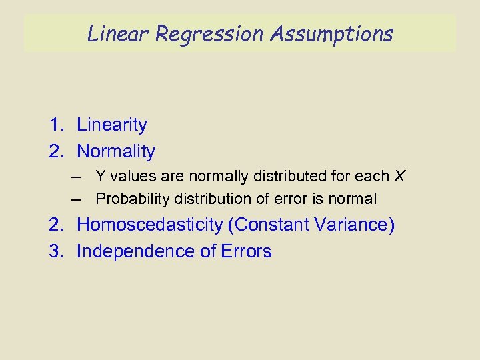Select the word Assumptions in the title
pos(331,33)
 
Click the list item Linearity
pos(112,125)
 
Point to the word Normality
pos(116,151)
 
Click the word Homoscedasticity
pos(150,225)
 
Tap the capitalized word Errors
pos(247,251)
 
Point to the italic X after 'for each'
pos(399,177)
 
